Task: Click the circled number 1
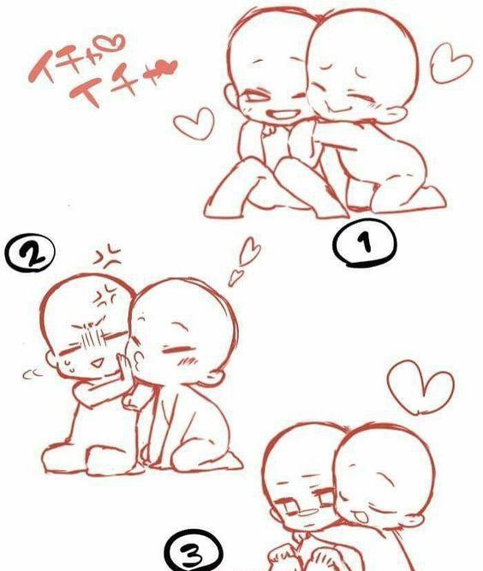[x=364, y=243]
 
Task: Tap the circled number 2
[x=30, y=253]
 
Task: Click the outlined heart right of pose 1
[x=450, y=63]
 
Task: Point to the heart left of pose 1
[x=194, y=122]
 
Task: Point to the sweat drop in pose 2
[x=69, y=366]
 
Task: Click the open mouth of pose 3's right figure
[x=360, y=517]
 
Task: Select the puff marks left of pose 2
[x=33, y=373]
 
